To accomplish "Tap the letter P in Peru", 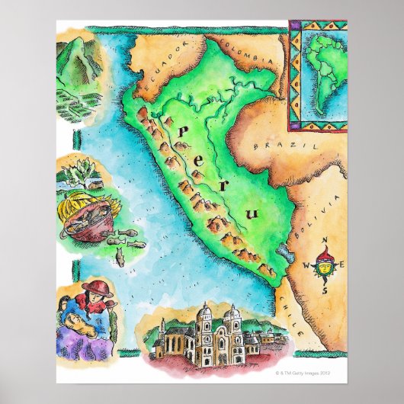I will coord(183,135).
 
